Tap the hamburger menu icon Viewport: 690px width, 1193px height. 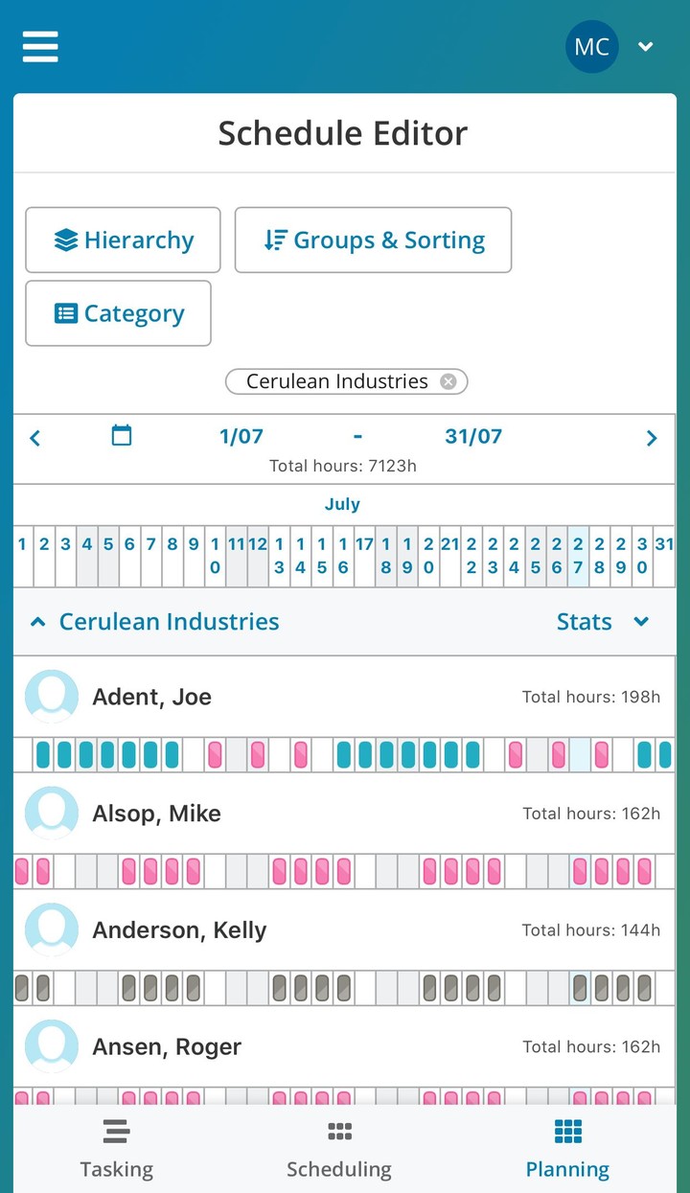(x=40, y=46)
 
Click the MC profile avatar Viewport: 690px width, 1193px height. (x=591, y=47)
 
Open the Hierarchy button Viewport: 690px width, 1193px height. (x=123, y=240)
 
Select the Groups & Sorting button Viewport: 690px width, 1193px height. (x=373, y=240)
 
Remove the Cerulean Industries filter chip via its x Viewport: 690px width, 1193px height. (x=448, y=381)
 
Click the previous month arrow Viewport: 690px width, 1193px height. (x=35, y=438)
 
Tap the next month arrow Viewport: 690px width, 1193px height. (x=652, y=438)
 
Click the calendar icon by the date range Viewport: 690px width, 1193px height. (x=122, y=436)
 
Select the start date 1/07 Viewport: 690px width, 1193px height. (x=241, y=437)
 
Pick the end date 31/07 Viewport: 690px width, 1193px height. (x=473, y=437)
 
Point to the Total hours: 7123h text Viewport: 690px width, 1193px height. (x=343, y=467)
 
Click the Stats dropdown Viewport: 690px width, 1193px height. (x=602, y=622)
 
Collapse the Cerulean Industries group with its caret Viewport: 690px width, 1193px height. (x=38, y=622)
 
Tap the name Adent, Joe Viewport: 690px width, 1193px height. (x=151, y=697)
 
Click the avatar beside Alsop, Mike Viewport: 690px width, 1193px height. (x=52, y=813)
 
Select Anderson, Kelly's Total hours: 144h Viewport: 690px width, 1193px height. (x=590, y=929)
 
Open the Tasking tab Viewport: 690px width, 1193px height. (x=116, y=1150)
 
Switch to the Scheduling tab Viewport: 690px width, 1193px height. (x=339, y=1150)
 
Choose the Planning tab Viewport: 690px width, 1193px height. (x=567, y=1150)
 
